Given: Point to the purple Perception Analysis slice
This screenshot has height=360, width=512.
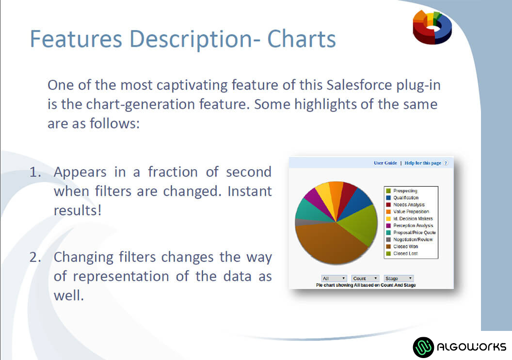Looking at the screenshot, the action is pyautogui.click(x=317, y=200).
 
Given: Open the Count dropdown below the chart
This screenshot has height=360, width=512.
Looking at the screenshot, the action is pyautogui.click(x=366, y=279).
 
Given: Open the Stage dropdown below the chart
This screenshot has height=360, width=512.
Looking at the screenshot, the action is pyautogui.click(x=399, y=279).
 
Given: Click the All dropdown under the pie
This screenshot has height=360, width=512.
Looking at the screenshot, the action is pyautogui.click(x=334, y=279).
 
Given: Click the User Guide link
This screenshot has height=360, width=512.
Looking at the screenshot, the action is pyautogui.click(x=385, y=163).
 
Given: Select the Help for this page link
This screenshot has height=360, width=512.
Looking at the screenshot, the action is pyautogui.click(x=423, y=163).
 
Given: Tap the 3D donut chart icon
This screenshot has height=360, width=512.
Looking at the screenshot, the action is pyautogui.click(x=432, y=27).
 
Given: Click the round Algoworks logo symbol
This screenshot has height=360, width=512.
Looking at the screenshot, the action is pyautogui.click(x=423, y=347).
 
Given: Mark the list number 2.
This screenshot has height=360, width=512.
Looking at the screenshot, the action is pyautogui.click(x=35, y=257).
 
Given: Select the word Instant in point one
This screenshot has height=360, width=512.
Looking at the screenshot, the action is pyautogui.click(x=250, y=191).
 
